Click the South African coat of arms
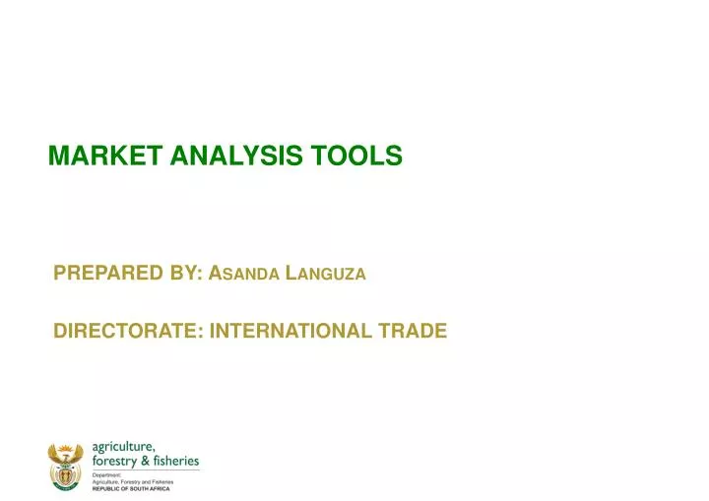tap(67, 466)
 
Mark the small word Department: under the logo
tap(105, 474)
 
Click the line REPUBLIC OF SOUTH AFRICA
tap(130, 488)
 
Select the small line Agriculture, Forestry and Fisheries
tap(133, 481)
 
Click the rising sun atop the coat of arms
tap(67, 447)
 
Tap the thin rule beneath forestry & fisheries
tap(145, 470)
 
